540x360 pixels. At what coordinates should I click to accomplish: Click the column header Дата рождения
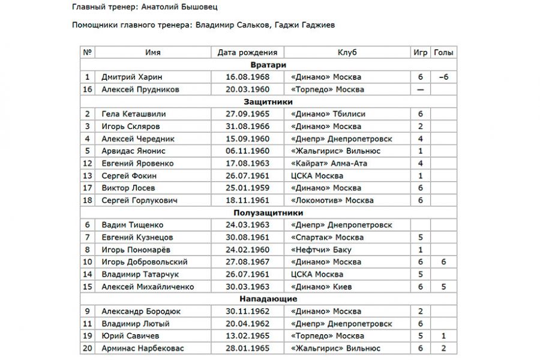click(x=247, y=53)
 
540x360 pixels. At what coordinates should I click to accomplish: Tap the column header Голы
click(x=443, y=53)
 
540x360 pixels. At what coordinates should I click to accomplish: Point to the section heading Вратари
click(x=268, y=65)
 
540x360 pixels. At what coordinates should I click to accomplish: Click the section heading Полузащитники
click(x=268, y=212)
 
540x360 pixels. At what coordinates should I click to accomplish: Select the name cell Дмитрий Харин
click(x=131, y=77)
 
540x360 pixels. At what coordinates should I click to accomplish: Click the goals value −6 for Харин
click(x=443, y=77)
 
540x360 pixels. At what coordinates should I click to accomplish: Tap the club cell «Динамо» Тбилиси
click(x=327, y=114)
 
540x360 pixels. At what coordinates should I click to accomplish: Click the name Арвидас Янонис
click(x=133, y=151)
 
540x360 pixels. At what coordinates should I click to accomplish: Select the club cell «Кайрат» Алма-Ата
click(x=328, y=163)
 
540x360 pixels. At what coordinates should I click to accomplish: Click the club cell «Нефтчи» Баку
click(x=320, y=250)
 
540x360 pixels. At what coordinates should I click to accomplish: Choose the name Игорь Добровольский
click(x=145, y=262)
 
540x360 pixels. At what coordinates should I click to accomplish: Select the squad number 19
click(x=88, y=336)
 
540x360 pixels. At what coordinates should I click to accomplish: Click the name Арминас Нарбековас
click(x=143, y=349)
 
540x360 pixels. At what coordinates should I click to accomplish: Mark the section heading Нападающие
click(x=268, y=299)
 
